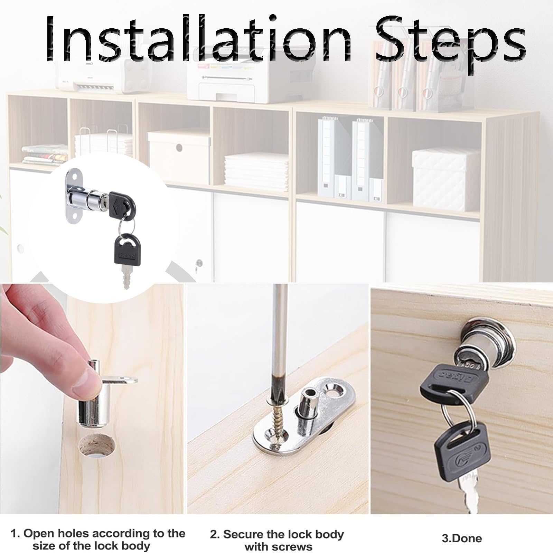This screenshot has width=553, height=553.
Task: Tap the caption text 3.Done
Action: [x=461, y=538]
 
